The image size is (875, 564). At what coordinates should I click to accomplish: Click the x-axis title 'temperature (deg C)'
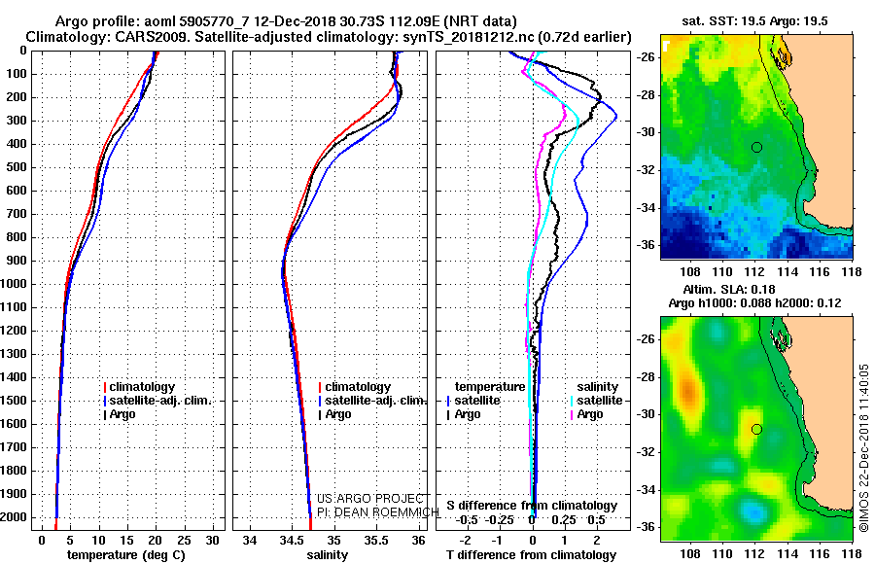click(x=126, y=555)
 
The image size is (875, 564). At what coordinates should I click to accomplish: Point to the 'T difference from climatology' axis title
click(x=531, y=555)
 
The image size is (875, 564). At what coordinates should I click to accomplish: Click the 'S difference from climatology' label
click(x=532, y=506)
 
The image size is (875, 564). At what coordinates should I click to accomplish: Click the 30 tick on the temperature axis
click(x=213, y=541)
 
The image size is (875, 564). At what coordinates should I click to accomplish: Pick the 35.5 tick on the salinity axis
click(x=376, y=541)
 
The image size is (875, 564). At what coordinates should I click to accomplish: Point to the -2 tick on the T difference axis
click(x=465, y=541)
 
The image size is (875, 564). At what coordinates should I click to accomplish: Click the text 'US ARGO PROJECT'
click(x=370, y=499)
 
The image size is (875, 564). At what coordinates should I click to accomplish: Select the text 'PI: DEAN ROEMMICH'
click(x=378, y=512)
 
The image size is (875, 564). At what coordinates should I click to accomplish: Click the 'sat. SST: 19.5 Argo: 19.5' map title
click(x=754, y=21)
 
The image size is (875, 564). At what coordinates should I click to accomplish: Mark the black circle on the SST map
click(x=756, y=148)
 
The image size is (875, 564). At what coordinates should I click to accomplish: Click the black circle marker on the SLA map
click(x=756, y=430)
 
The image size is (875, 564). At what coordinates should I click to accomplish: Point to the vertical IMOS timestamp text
click(x=863, y=448)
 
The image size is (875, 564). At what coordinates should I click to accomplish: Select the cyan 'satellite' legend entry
click(x=597, y=401)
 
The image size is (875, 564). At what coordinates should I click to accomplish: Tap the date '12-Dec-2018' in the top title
click(x=296, y=21)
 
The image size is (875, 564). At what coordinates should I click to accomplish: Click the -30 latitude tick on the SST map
click(x=647, y=133)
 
